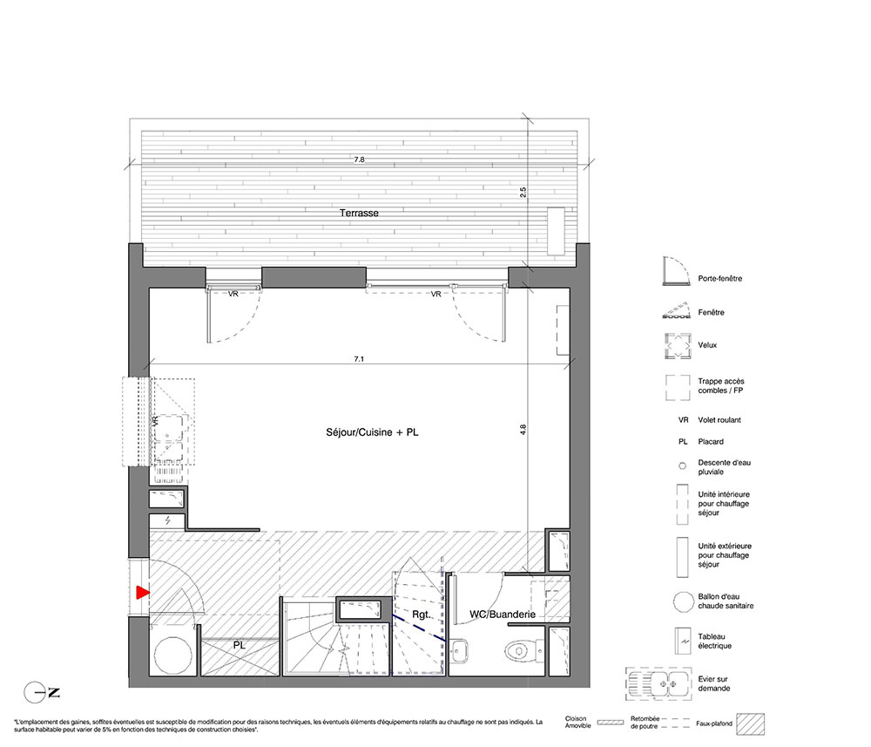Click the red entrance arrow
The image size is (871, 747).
[143, 593]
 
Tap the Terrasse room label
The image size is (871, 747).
[359, 213]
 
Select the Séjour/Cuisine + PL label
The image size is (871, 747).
[372, 431]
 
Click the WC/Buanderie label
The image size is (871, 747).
[503, 615]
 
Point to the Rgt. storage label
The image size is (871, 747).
[421, 615]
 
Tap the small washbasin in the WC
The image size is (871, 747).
[459, 651]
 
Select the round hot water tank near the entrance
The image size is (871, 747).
[172, 655]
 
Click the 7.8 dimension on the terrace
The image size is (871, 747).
[360, 160]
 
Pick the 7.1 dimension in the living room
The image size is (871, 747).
[360, 359]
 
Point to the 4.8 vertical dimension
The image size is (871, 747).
[523, 429]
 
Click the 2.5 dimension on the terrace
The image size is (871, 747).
[523, 193]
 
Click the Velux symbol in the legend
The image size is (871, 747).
[678, 346]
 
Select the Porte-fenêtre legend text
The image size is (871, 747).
[720, 278]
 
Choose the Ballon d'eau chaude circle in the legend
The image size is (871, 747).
[683, 601]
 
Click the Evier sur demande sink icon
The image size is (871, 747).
[659, 683]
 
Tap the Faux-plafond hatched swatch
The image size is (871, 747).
[751, 724]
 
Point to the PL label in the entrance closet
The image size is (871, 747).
[239, 645]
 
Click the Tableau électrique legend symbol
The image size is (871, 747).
[683, 642]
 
